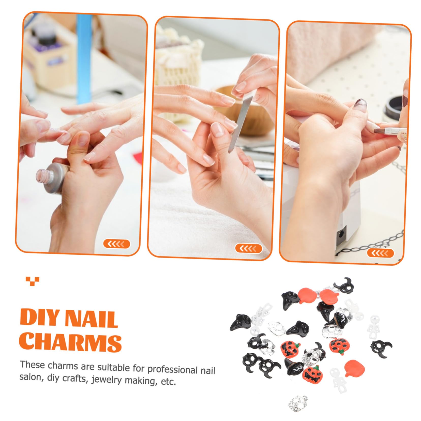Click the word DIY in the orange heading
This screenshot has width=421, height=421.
coord(39,318)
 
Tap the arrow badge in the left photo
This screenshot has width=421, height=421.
coord(116,244)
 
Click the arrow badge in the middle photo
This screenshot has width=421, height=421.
coord(248,248)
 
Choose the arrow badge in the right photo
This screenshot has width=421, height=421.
coord(380,253)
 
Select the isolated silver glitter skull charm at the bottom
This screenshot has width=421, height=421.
coord(298,402)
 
